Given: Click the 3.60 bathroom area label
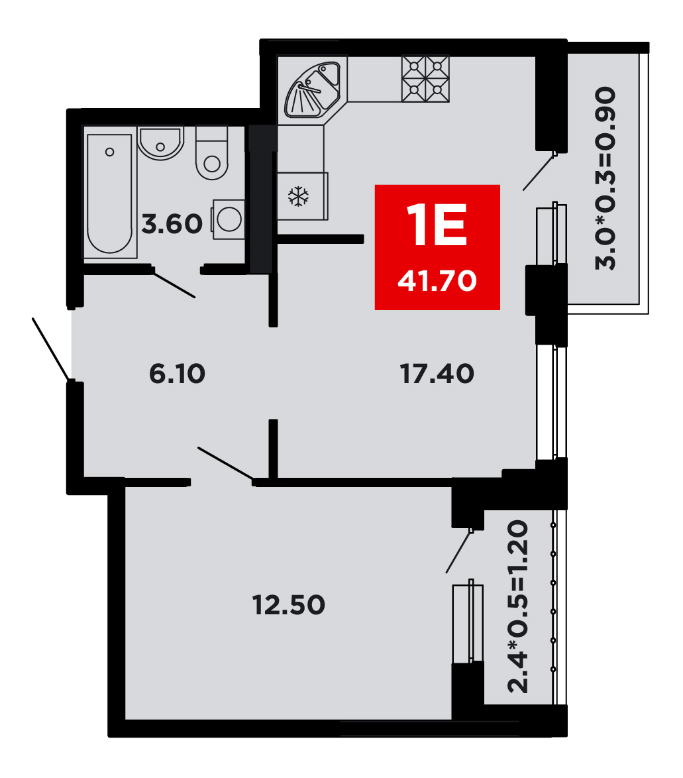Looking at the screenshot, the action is pyautogui.click(x=172, y=224).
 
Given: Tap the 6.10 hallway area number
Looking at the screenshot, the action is pyautogui.click(x=177, y=374).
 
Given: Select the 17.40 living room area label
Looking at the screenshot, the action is pyautogui.click(x=437, y=374).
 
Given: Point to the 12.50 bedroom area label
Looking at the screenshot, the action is pyautogui.click(x=289, y=605).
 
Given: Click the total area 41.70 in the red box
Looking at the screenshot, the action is pyautogui.click(x=437, y=281).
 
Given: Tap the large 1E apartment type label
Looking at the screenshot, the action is pyautogui.click(x=437, y=225).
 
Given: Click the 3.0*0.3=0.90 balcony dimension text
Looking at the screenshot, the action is pyautogui.click(x=605, y=178).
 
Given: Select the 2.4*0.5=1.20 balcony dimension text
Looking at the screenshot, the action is pyautogui.click(x=518, y=606).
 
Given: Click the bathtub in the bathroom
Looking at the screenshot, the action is pyautogui.click(x=109, y=193).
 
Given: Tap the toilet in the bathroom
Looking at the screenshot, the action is pyautogui.click(x=212, y=153).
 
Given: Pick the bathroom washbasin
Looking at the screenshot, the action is pyautogui.click(x=160, y=143).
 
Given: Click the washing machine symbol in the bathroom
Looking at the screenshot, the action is pyautogui.click(x=229, y=219).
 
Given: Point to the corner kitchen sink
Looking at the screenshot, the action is pyautogui.click(x=313, y=89).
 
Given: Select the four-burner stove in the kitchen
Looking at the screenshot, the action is pyautogui.click(x=425, y=79).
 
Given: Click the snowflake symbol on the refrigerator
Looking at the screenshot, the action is pyautogui.click(x=299, y=196).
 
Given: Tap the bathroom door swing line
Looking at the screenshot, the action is pyautogui.click(x=174, y=284).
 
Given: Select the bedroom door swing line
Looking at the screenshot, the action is pyautogui.click(x=226, y=464).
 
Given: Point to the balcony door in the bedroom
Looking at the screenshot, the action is pyautogui.click(x=458, y=551).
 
